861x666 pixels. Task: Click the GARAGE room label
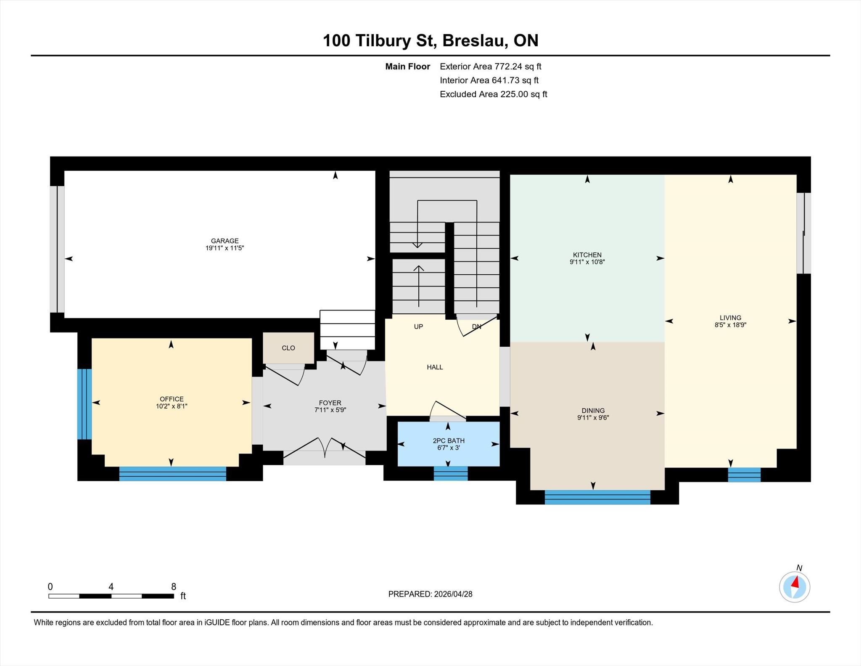pyautogui.click(x=224, y=241)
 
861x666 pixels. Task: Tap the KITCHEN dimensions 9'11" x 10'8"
pyautogui.click(x=587, y=262)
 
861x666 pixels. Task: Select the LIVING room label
pyautogui.click(x=730, y=318)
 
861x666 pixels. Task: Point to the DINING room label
pyautogui.click(x=593, y=411)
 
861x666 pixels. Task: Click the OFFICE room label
pyautogui.click(x=172, y=399)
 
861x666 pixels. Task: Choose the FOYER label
pyautogui.click(x=330, y=403)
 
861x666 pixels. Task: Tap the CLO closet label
pyautogui.click(x=288, y=348)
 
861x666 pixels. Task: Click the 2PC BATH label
pyautogui.click(x=449, y=441)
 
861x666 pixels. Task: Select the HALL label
pyautogui.click(x=435, y=367)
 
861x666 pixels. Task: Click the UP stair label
pyautogui.click(x=418, y=326)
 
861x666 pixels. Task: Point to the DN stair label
pyautogui.click(x=476, y=326)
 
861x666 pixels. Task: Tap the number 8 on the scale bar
pyautogui.click(x=174, y=586)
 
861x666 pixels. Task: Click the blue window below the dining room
pyautogui.click(x=597, y=497)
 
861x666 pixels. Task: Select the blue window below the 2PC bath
pyautogui.click(x=451, y=473)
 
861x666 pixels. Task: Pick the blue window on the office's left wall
pyautogui.click(x=85, y=404)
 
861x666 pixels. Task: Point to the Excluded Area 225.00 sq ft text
pyautogui.click(x=494, y=94)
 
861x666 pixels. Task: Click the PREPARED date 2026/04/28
pyautogui.click(x=453, y=594)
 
